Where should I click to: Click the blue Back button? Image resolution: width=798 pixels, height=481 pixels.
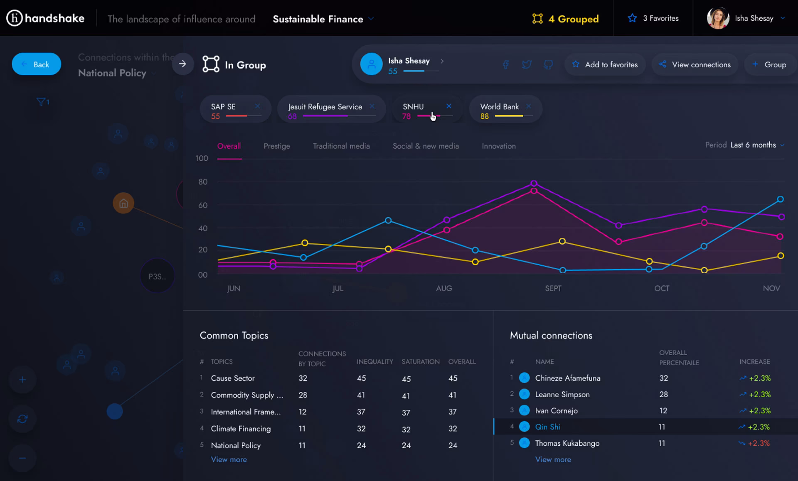tap(37, 64)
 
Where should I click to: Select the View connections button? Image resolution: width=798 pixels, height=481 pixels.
tap(695, 64)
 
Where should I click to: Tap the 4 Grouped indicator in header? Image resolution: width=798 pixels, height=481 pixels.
tap(566, 19)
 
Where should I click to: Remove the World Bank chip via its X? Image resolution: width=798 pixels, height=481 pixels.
tap(528, 106)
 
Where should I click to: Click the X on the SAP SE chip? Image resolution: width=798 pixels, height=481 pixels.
tap(257, 106)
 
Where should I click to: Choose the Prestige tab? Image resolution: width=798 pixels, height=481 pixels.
tap(277, 146)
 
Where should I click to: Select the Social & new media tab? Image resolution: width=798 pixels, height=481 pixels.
tap(426, 146)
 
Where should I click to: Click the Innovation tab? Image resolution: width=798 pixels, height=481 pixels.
tap(499, 146)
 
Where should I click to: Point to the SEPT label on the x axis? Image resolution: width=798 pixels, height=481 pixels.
tap(553, 288)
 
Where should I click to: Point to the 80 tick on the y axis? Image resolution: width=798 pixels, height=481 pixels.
tap(203, 182)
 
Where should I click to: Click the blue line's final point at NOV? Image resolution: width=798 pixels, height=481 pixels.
tap(781, 199)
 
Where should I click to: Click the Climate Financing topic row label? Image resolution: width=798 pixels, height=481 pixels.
tap(241, 429)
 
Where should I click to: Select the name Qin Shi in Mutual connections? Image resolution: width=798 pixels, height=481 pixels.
tap(547, 427)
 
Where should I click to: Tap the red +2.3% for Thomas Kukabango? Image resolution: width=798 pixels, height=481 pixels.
tap(759, 443)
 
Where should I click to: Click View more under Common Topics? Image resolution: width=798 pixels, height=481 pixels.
tap(229, 459)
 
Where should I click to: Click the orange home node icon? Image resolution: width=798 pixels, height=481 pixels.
tap(123, 203)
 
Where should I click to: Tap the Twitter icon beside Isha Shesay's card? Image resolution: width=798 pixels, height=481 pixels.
tap(527, 64)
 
